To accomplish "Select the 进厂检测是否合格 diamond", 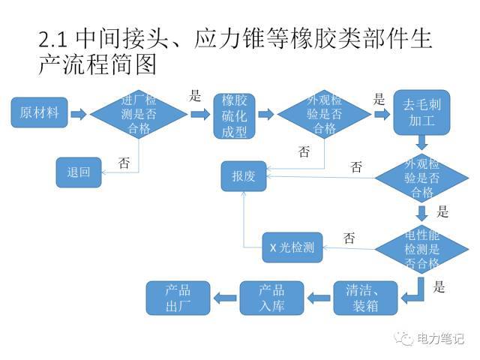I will (139, 115).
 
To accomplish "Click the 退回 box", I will (79, 172).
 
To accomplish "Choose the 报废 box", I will (244, 176).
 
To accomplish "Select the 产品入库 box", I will (271, 297).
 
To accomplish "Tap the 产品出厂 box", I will (178, 297).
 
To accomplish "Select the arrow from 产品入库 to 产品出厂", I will (224, 298).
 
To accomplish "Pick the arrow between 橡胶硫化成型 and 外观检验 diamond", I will (265, 114).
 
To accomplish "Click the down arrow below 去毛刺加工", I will (422, 142).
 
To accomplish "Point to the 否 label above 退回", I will (124, 162).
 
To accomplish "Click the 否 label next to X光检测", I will (349, 238).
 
